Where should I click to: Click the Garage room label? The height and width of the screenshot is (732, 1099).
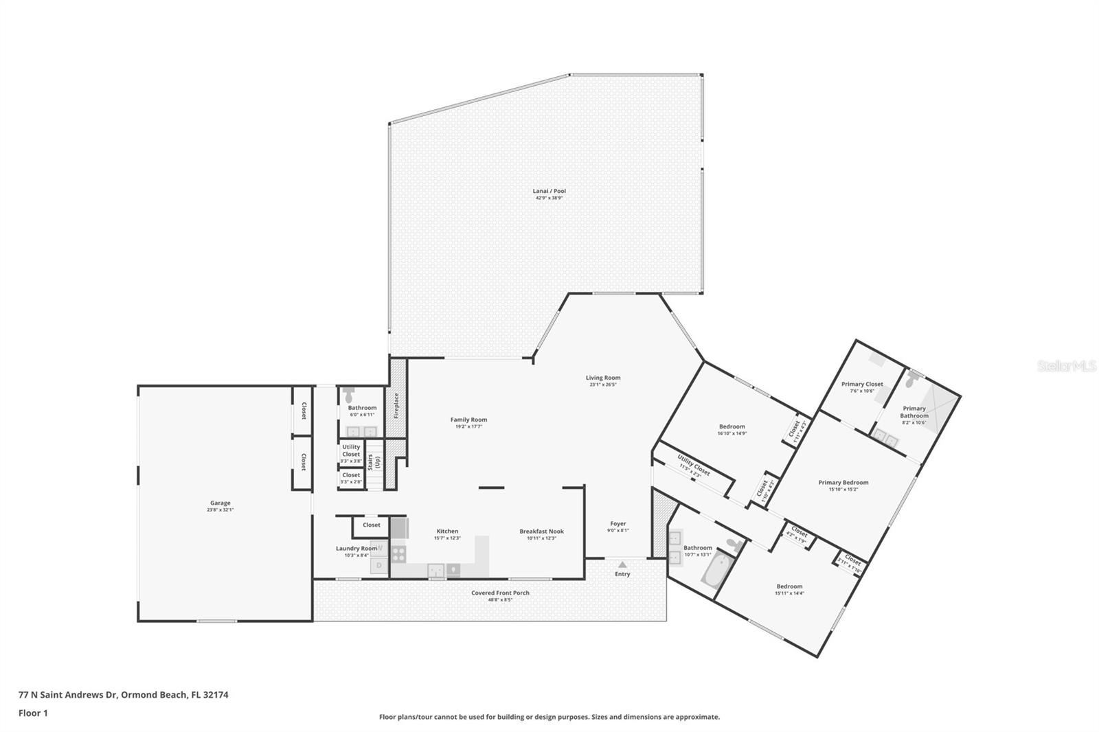[x=220, y=503]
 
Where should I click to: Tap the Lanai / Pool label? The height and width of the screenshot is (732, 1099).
[x=549, y=191]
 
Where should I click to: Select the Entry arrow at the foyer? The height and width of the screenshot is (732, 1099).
[x=622, y=564]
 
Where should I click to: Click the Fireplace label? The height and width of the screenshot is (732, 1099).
[x=396, y=406]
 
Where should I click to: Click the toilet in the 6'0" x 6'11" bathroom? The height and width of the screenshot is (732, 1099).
[x=348, y=395]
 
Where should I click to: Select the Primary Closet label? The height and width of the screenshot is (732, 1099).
[x=862, y=384]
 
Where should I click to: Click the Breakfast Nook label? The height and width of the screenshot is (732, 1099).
[x=541, y=531]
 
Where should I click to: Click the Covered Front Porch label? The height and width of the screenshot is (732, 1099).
[x=500, y=593]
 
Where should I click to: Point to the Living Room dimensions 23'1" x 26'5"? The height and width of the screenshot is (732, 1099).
[x=603, y=385]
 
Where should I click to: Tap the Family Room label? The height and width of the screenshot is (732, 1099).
[x=468, y=420]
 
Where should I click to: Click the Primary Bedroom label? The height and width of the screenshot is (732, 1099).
[x=843, y=482]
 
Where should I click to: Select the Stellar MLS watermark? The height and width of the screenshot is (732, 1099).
[x=1066, y=367]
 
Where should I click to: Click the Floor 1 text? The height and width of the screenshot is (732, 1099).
[x=33, y=713]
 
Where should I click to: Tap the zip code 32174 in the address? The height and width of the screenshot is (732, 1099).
[x=216, y=694]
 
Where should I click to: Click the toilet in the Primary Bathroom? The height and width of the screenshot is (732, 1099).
[x=912, y=378]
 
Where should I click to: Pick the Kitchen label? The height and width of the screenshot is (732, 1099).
[x=447, y=531]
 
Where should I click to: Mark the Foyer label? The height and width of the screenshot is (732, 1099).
[x=618, y=523]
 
